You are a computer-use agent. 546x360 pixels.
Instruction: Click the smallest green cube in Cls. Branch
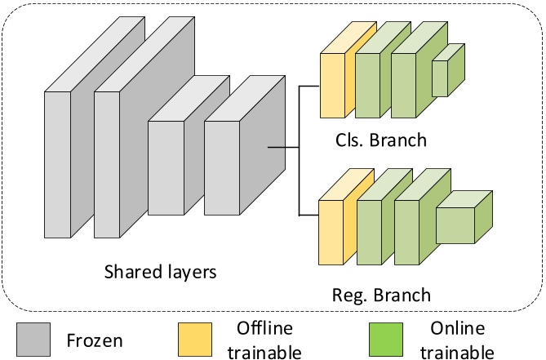[441, 78]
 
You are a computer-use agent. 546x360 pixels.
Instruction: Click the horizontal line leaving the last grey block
[284, 148]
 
